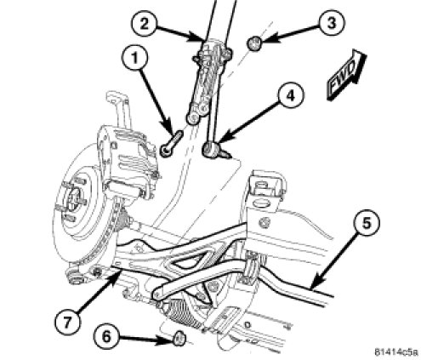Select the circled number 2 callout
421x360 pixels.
(144, 24)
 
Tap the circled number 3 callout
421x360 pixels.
(332, 23)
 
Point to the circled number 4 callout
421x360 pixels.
(290, 95)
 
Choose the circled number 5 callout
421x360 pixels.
(367, 223)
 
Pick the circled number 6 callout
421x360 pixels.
(106, 337)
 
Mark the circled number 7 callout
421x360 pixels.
(67, 321)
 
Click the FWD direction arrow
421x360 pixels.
(346, 74)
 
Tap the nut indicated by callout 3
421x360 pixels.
(253, 43)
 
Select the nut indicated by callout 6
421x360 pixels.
(179, 339)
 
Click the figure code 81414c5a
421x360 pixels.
(396, 352)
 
